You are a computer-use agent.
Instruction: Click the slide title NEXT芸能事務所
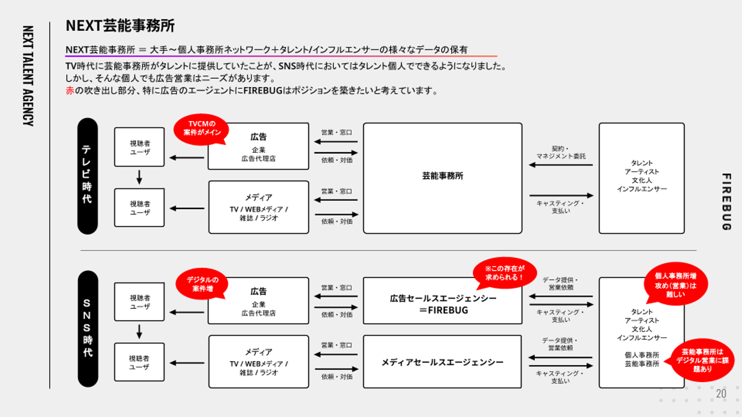(x=120, y=26)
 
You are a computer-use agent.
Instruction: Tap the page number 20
(x=721, y=393)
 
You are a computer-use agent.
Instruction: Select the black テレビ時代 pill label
(x=88, y=176)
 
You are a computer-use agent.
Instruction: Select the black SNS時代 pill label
(x=88, y=328)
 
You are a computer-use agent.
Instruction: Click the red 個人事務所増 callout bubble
(x=676, y=284)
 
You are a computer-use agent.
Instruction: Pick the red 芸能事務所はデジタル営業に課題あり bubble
(x=702, y=360)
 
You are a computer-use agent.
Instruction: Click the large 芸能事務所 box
(x=443, y=178)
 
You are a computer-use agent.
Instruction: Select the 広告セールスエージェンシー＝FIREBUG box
(x=443, y=301)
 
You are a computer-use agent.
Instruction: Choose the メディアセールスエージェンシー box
(x=443, y=362)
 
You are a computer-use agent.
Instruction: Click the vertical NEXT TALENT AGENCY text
(x=28, y=76)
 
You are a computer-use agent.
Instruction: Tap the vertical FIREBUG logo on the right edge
(x=727, y=202)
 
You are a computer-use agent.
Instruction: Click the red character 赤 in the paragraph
(x=70, y=91)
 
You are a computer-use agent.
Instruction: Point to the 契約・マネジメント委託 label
(x=561, y=152)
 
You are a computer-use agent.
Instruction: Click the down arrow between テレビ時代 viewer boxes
(x=139, y=177)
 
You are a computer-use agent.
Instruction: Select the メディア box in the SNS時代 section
(x=259, y=362)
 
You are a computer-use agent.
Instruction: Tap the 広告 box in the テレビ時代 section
(x=258, y=146)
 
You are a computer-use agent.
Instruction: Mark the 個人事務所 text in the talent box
(x=642, y=355)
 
